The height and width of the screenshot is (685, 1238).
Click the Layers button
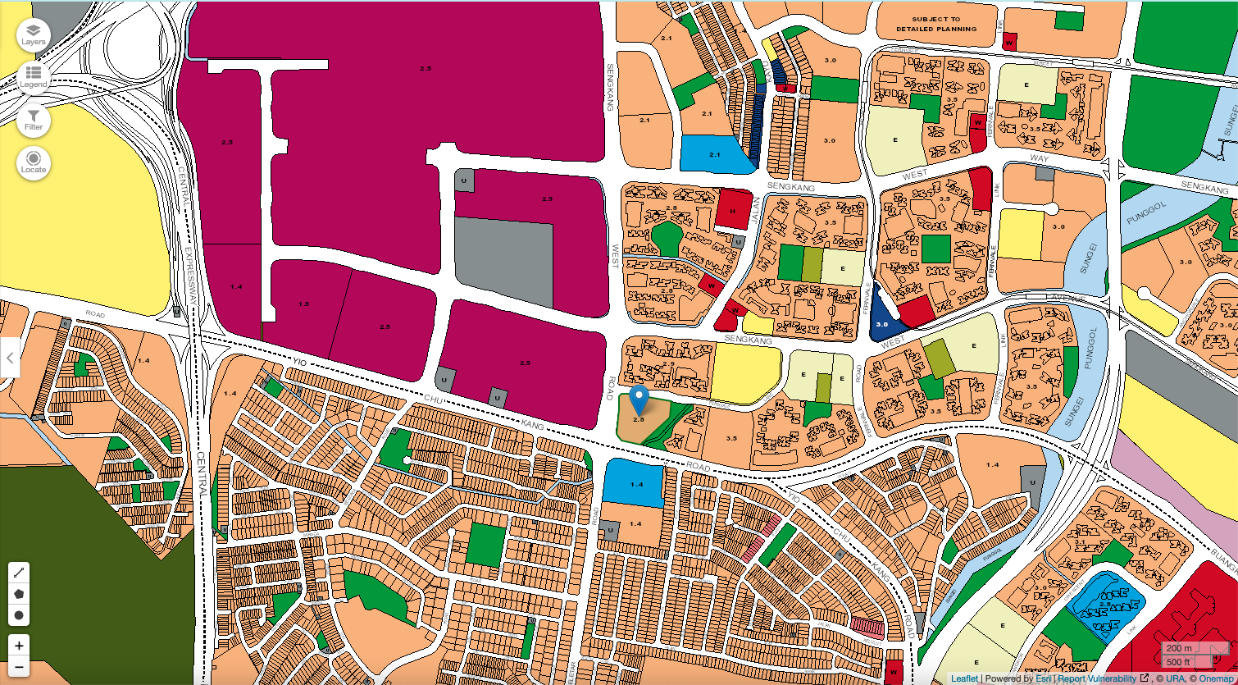[x=34, y=35]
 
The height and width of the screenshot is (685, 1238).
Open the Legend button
[x=34, y=78]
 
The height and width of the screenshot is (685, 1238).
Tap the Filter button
[x=34, y=121]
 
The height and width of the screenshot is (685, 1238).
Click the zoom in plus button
[x=19, y=645]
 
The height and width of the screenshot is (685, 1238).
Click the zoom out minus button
[x=19, y=667]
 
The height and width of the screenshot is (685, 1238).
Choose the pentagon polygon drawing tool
[x=19, y=593]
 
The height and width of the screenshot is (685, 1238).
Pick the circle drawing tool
[x=19, y=614]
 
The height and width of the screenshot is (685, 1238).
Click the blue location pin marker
[x=639, y=400]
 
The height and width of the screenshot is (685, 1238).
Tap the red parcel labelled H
[x=734, y=210]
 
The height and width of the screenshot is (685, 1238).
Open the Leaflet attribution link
[x=964, y=678]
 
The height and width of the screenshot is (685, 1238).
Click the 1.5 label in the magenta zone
[x=303, y=304]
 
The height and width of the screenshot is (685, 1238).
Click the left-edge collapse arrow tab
[x=9, y=358]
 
